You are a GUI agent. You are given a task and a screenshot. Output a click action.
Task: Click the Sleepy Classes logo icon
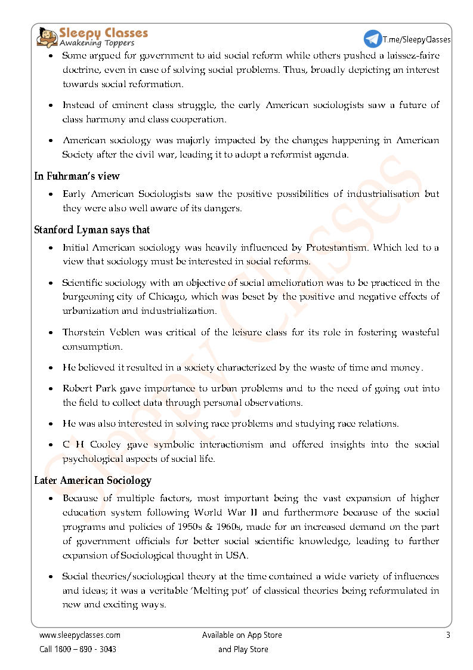[47, 37]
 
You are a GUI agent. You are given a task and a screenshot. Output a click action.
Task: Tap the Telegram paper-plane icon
[373, 39]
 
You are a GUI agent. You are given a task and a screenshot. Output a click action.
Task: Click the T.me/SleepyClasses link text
[416, 39]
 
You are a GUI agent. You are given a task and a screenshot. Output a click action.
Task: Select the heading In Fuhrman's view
[77, 176]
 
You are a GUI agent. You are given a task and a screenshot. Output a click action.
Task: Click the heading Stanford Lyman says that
[92, 230]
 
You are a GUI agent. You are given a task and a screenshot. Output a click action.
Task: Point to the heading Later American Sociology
[92, 480]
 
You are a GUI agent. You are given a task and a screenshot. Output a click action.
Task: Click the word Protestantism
[346, 247]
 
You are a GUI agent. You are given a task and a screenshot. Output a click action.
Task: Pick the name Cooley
[106, 444]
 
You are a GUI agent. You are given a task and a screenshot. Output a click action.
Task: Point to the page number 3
[448, 635]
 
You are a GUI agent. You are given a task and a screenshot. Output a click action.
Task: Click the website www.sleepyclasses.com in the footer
[79, 635]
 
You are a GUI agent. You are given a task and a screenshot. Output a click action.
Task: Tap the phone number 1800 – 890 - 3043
[86, 649]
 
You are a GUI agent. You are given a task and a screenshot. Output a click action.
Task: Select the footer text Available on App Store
[242, 635]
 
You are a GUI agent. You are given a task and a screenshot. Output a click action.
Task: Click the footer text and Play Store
[243, 649]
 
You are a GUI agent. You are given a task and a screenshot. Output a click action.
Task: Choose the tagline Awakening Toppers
[97, 43]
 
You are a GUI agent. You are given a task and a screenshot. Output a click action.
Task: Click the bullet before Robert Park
[50, 388]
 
